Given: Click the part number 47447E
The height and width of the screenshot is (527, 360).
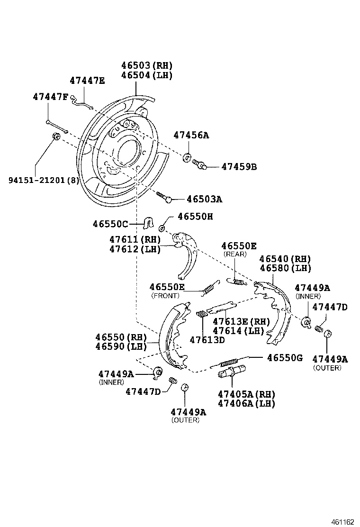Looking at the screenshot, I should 87,81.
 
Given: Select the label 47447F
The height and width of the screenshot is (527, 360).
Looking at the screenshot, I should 51,97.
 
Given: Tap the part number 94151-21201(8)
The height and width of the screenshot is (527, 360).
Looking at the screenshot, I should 44,180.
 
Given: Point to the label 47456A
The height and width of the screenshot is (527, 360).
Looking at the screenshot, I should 191,135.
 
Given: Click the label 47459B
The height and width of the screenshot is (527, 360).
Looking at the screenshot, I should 239,167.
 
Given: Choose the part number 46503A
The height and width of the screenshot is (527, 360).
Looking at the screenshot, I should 204,200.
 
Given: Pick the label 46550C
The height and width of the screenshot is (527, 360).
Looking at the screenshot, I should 110,224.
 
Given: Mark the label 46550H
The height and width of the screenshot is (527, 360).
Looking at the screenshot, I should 195,216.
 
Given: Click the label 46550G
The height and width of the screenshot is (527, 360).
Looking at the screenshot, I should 284,358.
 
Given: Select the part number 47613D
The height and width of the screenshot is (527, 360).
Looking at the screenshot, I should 207,340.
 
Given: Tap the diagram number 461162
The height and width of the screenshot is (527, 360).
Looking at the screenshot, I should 342,521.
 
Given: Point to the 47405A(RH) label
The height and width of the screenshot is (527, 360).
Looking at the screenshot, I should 246,394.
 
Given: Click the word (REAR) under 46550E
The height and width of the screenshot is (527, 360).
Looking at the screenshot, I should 235,254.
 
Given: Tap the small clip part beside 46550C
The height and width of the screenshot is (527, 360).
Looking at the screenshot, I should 148,222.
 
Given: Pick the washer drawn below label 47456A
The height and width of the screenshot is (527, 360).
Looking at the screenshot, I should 187,157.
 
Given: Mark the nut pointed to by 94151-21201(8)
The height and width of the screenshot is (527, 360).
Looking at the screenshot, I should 55,137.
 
